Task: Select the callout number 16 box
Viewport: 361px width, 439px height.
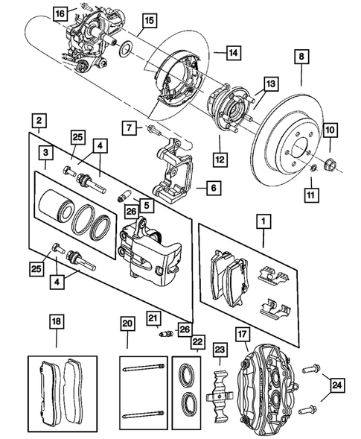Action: pos(60,13)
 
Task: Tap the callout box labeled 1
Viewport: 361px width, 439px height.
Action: pos(262,221)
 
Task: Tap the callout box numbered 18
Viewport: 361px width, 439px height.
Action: pos(57,322)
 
